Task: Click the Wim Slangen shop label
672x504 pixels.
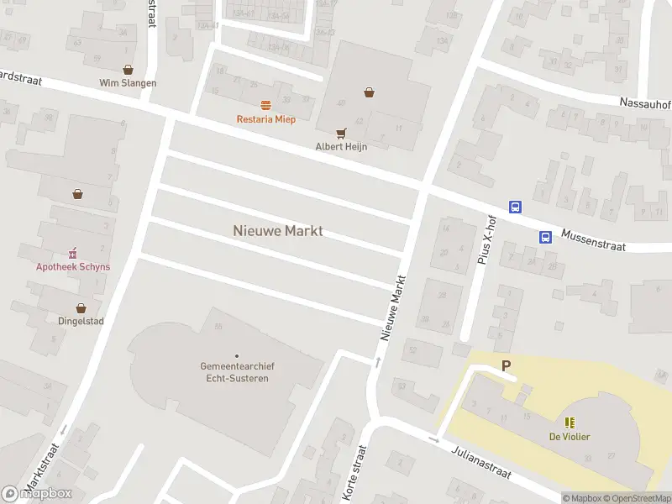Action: coord(128,83)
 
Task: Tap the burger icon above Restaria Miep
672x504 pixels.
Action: coord(265,105)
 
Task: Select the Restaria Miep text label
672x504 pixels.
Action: coord(265,119)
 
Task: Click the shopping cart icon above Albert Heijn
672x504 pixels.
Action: coord(341,133)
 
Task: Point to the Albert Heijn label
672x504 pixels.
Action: coord(341,146)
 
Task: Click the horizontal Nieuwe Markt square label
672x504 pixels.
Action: coord(277,230)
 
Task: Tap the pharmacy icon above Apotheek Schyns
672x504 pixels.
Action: coord(72,253)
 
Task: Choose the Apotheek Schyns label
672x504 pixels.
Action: coord(72,267)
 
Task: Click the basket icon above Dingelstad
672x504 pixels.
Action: coord(81,308)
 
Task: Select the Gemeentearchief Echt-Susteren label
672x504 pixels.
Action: coord(237,372)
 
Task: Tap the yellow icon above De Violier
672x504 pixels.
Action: coord(570,423)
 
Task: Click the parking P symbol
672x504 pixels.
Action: coord(506,365)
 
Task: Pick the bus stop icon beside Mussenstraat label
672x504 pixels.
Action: coord(545,237)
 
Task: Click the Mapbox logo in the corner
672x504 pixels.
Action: coord(37,494)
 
